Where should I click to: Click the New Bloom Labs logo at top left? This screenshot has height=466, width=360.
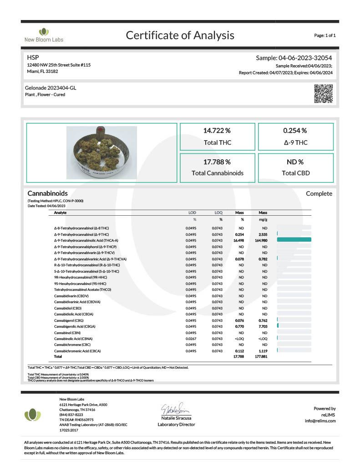click(x=44, y=35)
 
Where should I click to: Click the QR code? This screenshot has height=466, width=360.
click(x=324, y=93)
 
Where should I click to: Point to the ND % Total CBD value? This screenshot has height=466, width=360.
click(x=295, y=162)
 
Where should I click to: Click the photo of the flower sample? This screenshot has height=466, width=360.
click(x=102, y=152)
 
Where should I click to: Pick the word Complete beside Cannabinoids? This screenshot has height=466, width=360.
click(x=319, y=194)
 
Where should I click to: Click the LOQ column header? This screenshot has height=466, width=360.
click(x=218, y=213)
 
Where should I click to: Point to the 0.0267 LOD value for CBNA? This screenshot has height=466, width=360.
click(x=191, y=339)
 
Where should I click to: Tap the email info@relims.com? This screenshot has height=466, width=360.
click(x=320, y=420)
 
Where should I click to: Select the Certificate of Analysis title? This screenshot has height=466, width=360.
click(x=180, y=35)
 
